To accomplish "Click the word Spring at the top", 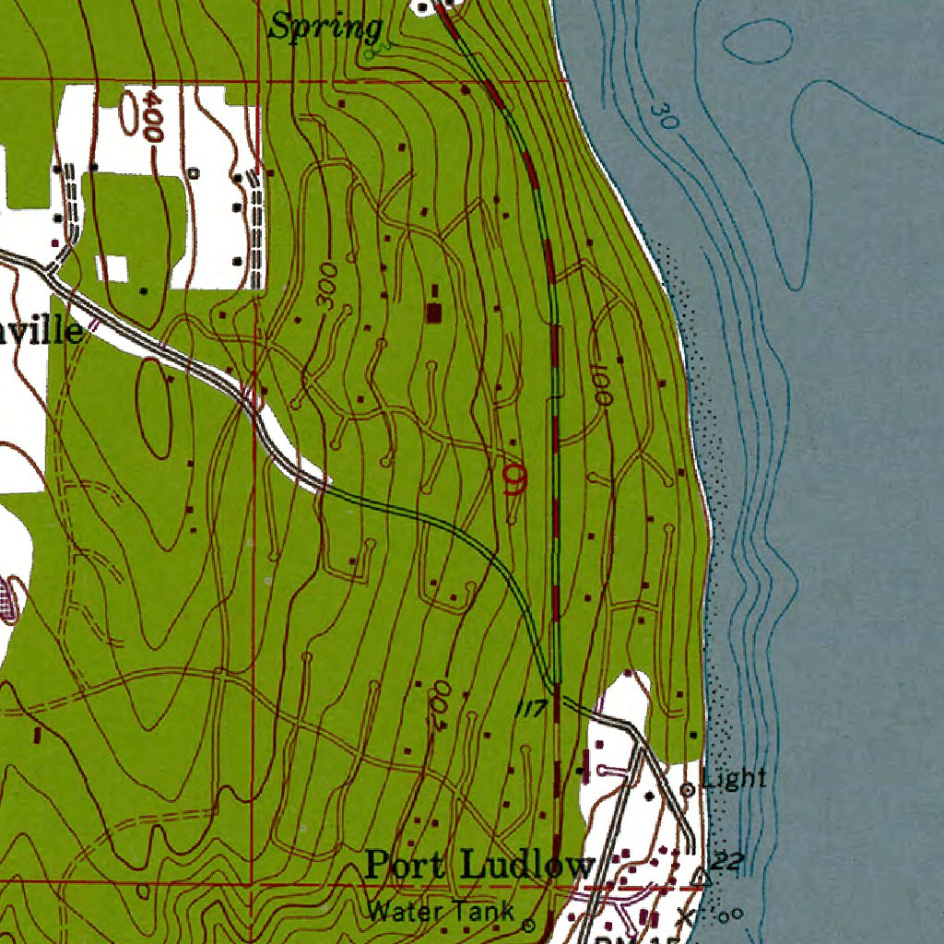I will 324,27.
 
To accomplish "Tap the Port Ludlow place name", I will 478,866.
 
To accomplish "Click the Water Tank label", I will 441,912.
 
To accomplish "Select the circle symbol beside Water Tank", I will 529,923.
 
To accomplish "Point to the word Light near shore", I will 734,778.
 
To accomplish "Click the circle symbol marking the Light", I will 687,789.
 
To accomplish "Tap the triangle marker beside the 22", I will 702,876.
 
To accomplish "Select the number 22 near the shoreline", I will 728,863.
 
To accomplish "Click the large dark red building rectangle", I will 433,313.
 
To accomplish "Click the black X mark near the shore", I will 684,915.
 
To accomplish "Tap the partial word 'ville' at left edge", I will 41,331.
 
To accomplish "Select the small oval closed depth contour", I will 758,40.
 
